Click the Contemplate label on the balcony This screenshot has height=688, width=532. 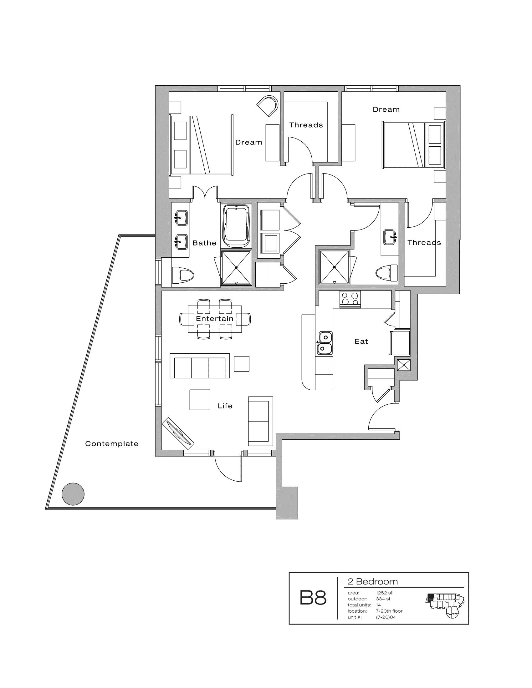112,443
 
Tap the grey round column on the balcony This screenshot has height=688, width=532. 73,494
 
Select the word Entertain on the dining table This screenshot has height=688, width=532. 215,318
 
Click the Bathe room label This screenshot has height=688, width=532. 204,243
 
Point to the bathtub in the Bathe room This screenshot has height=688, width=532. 236,226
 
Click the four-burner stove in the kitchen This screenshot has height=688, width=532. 350,299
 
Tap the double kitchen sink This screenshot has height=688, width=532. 325,343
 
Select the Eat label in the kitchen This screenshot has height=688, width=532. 361,341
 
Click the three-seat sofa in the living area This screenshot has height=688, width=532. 200,366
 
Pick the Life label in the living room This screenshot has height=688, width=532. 225,406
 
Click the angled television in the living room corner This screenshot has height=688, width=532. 178,433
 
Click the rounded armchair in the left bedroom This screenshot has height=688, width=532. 268,106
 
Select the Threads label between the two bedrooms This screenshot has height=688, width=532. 306,125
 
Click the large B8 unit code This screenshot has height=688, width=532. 313,598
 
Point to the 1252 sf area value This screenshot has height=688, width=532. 384,593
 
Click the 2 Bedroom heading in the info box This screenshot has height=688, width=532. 372,582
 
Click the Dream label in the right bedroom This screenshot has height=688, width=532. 386,109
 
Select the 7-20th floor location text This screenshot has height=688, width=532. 389,611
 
